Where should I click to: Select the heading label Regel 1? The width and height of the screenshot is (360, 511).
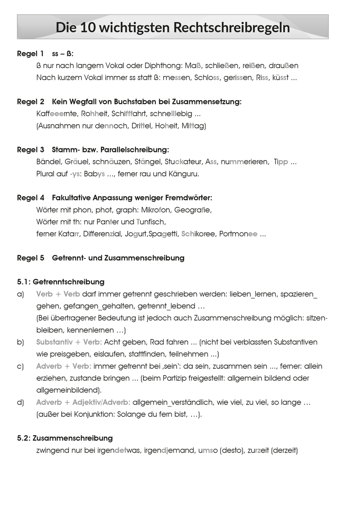pos(30,54)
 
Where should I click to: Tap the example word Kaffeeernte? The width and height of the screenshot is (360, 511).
pos(55,114)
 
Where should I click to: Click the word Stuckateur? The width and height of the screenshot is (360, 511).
pos(183,162)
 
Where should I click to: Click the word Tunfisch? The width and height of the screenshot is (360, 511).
pos(151,222)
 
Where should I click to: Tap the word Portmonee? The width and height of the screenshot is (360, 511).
pos(238,234)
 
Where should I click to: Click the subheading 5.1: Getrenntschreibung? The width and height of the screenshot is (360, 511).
pos(60,282)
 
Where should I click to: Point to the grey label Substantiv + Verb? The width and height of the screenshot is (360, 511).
pos(69,342)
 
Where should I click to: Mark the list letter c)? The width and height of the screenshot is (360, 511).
pos(21,366)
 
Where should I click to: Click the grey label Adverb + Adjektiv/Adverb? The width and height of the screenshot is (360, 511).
pos(83,402)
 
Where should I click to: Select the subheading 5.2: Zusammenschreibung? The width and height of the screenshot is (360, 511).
pos(65,438)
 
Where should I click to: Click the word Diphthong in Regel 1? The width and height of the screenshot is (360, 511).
pos(164,66)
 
